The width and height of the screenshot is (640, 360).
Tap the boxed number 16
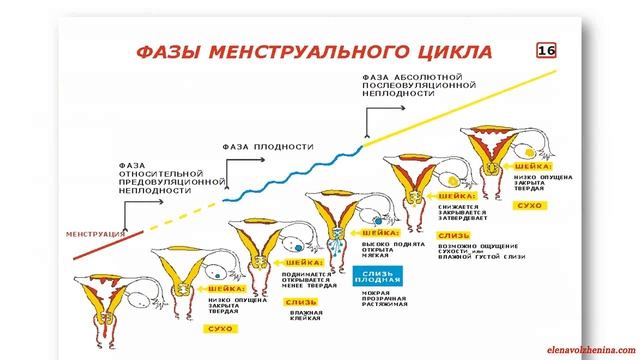(547, 50)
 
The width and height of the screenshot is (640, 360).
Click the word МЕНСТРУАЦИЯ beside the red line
(96, 233)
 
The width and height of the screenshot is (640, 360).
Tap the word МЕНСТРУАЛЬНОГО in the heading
(300, 51)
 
